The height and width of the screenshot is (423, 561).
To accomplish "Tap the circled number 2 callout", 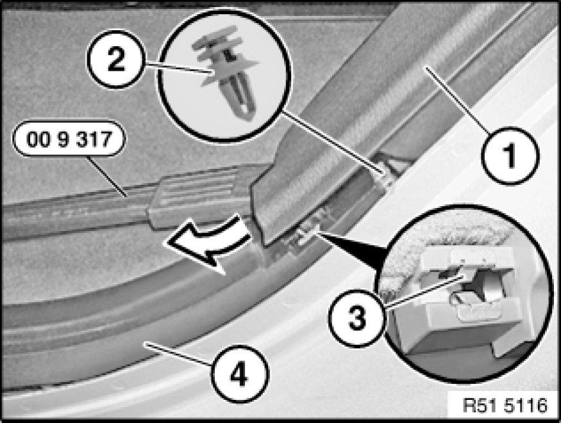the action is click(115, 59).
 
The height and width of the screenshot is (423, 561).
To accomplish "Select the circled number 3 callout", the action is click(356, 318).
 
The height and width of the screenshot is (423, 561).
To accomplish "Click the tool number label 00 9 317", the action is click(69, 139).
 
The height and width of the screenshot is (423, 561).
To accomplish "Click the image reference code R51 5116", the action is click(505, 405).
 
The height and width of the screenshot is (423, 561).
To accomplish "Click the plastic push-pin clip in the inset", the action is click(226, 72).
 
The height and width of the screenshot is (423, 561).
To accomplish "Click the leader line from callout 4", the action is click(176, 354).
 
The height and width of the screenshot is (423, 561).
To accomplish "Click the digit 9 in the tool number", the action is click(63, 139).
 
